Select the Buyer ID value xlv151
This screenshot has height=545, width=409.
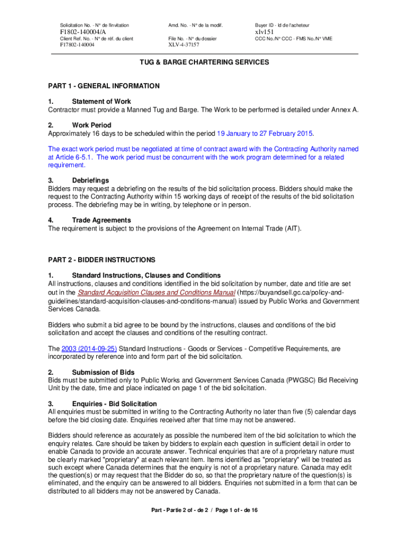coord(264,32)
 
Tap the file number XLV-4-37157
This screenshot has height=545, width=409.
coord(184,45)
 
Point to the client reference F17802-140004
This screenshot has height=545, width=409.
coord(78,45)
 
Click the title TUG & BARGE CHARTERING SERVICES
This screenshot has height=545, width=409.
coord(204,62)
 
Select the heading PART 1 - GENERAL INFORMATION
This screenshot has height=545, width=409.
coord(104,86)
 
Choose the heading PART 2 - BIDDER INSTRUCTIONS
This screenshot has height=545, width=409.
coord(101,260)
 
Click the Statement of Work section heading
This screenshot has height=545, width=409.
coord(101,101)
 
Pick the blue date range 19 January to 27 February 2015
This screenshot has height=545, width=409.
coord(265,133)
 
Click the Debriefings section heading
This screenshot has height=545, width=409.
coord(90,180)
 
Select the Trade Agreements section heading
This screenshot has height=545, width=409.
coord(101,220)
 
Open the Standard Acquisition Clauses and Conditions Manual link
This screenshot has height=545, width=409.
coord(156,293)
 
